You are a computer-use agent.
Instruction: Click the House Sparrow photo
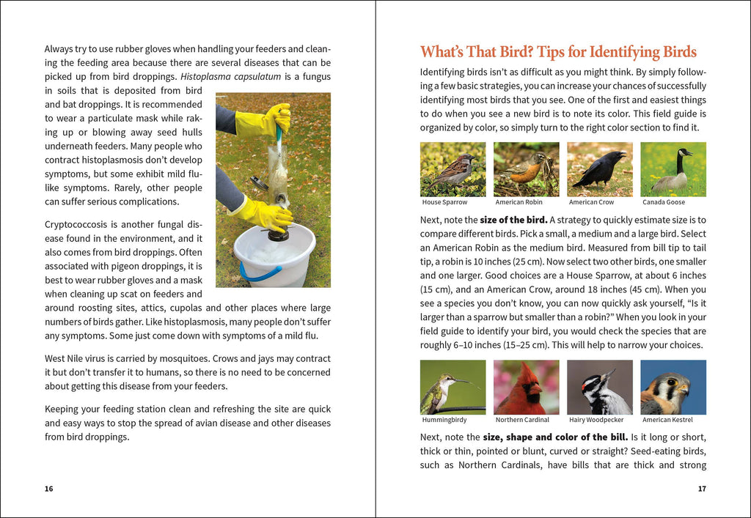point(453,169)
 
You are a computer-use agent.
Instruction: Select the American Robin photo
point(526,169)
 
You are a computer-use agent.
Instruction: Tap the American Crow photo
point(599,169)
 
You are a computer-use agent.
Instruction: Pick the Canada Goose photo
point(673,169)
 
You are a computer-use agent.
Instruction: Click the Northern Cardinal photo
point(526,387)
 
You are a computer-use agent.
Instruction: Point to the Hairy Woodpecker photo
point(599,387)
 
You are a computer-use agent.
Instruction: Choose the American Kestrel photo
point(673,387)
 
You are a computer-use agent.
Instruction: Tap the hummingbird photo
point(453,387)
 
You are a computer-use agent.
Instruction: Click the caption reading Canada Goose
point(664,202)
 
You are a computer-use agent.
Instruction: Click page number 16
point(48,489)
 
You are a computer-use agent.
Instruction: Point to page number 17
point(702,489)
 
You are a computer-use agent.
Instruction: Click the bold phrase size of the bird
point(513,220)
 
